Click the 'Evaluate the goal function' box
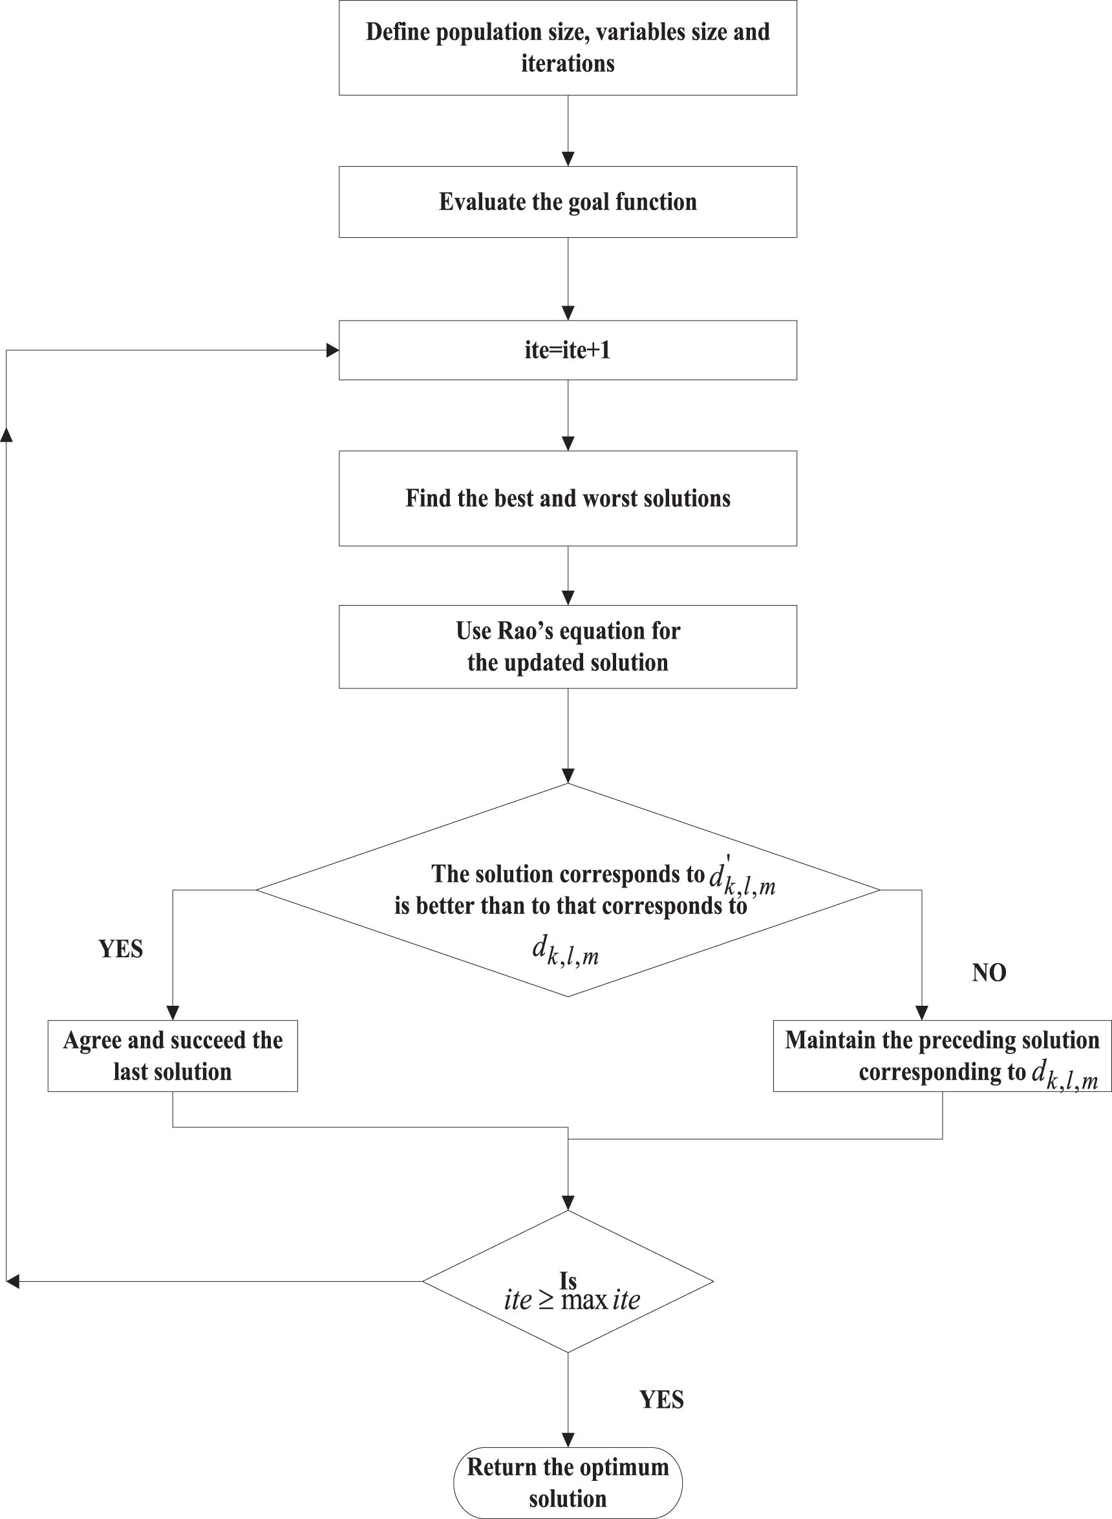pos(568,202)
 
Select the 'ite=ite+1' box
pos(568,350)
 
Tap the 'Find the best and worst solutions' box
pos(568,498)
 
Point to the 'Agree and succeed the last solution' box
pos(173,1056)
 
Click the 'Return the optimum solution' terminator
pos(568,1483)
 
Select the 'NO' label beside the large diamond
pos(988,973)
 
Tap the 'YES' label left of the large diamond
pos(120,949)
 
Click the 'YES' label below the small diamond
pos(661,1400)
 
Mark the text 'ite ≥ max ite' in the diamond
pos(572,1300)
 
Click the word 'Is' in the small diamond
pos(568,1280)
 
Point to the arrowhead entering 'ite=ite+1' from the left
pos(332,350)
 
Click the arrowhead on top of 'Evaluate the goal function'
pos(568,160)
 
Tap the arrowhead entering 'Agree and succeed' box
pos(173,1013)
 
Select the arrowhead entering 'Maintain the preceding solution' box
pos(921,1013)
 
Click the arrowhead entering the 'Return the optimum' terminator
pos(568,1439)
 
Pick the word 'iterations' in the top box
pos(568,63)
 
